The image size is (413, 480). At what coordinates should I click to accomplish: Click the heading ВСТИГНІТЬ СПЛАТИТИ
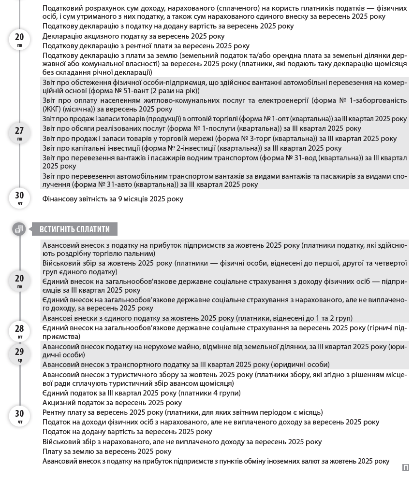[x=74, y=229]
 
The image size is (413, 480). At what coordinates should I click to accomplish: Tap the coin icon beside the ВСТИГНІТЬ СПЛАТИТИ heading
[x=19, y=229]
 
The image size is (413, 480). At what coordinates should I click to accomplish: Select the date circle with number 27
[x=19, y=132]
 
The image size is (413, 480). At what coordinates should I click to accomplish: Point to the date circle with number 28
[x=19, y=331]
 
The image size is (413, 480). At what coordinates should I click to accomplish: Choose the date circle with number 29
[x=19, y=354]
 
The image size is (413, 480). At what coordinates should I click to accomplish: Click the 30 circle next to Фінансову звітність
[x=19, y=198]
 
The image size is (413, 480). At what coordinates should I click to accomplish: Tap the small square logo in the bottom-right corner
[x=405, y=467]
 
